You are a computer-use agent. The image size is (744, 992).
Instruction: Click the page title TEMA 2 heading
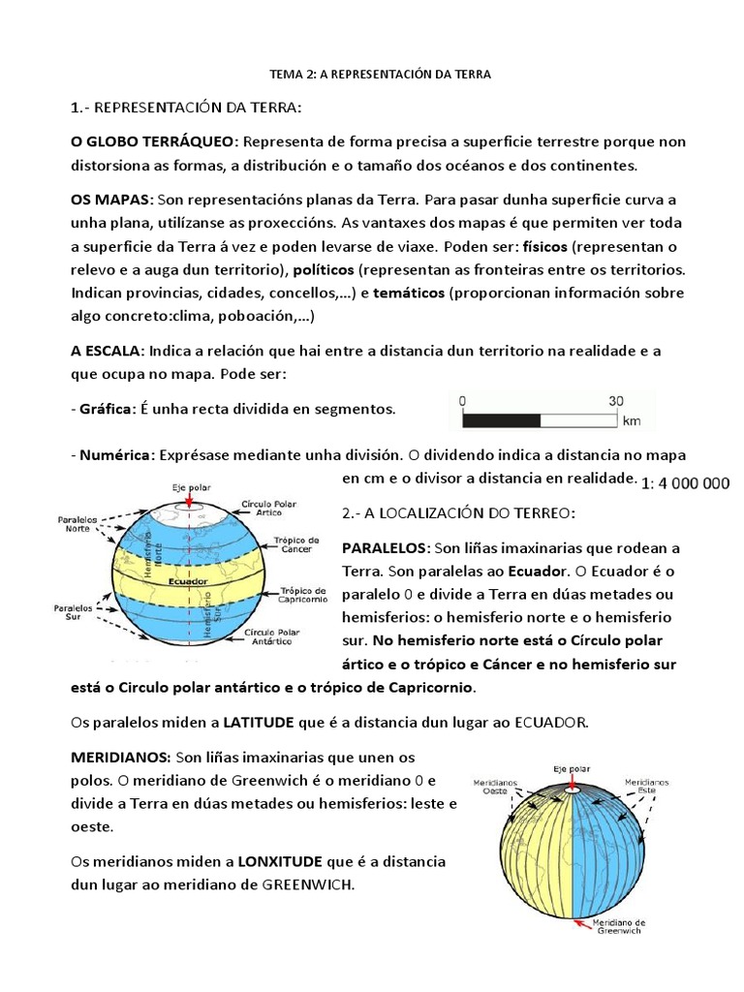(x=379, y=76)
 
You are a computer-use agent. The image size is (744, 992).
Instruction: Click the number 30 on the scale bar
(x=616, y=400)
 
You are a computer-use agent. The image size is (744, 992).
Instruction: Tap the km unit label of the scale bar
(x=632, y=422)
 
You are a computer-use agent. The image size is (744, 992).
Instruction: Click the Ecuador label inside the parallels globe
(x=187, y=581)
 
